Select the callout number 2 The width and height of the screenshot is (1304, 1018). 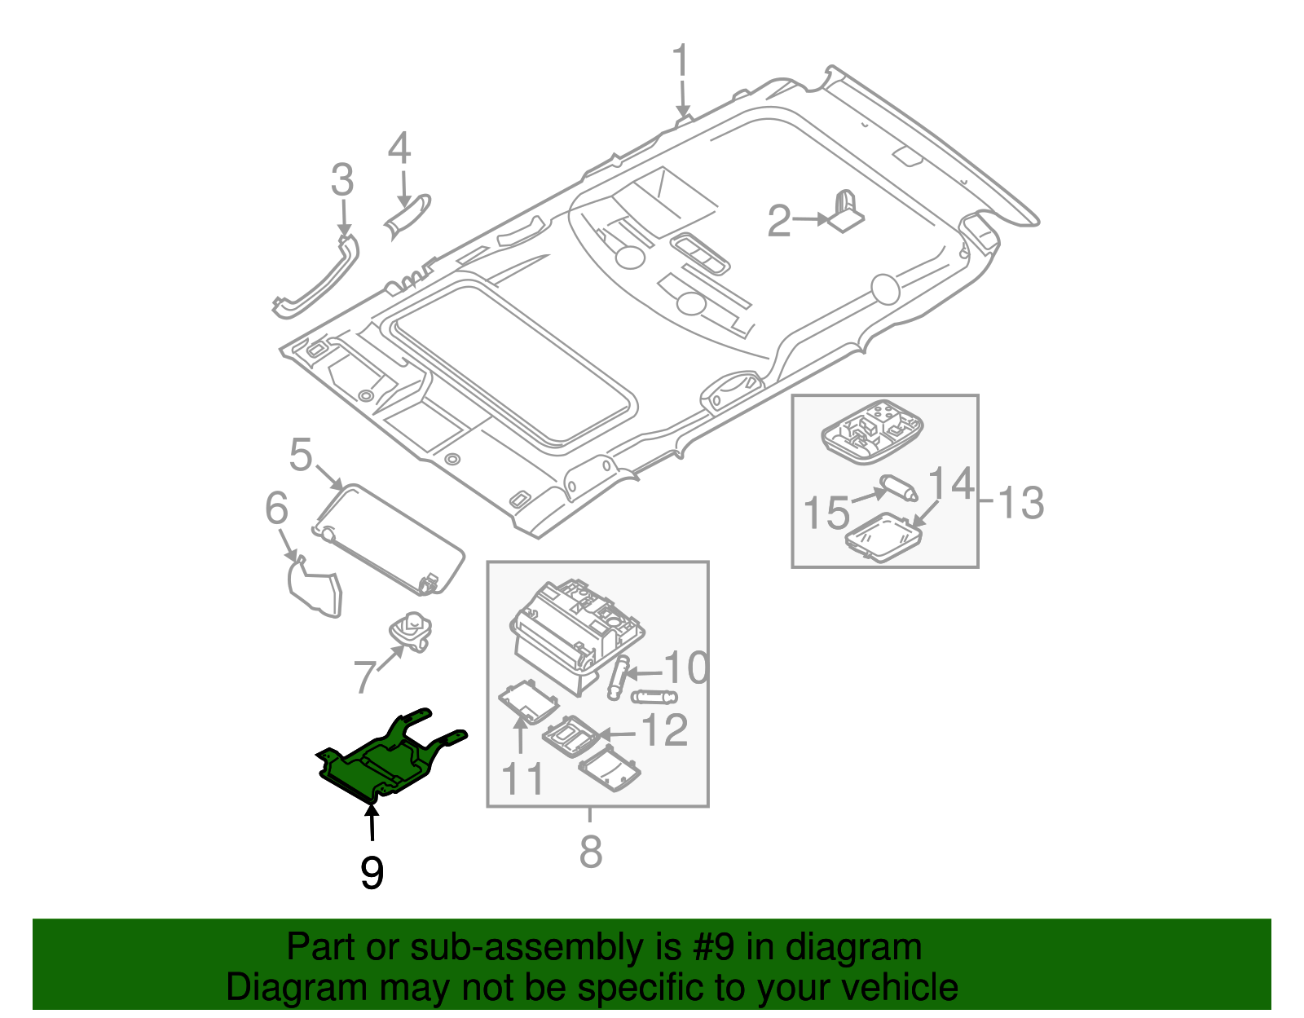779,221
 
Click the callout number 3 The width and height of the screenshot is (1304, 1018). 343,180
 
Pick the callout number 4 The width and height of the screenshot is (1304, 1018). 399,150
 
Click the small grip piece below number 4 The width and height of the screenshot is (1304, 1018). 407,217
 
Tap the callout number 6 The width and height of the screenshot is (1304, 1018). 277,509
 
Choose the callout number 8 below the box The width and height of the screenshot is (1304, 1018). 591,852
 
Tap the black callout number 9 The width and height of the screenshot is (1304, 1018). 372,873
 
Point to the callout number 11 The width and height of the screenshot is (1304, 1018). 522,779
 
